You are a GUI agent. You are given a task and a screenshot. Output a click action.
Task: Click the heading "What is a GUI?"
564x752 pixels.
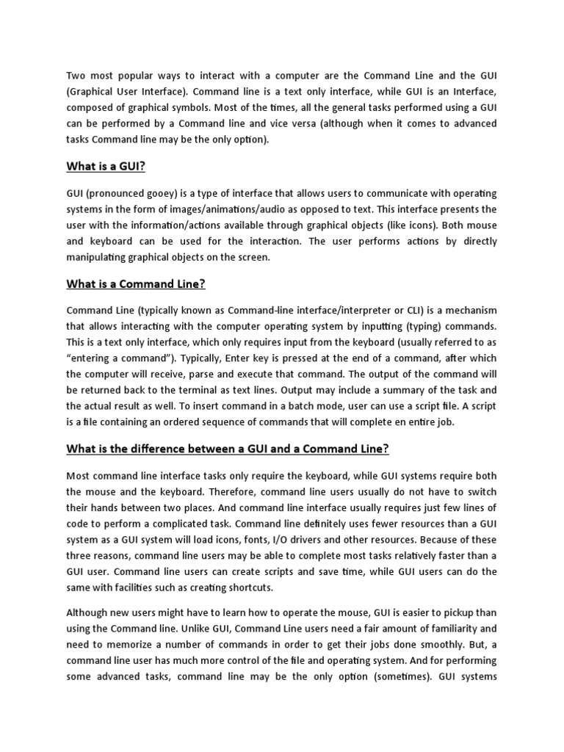(106, 167)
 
